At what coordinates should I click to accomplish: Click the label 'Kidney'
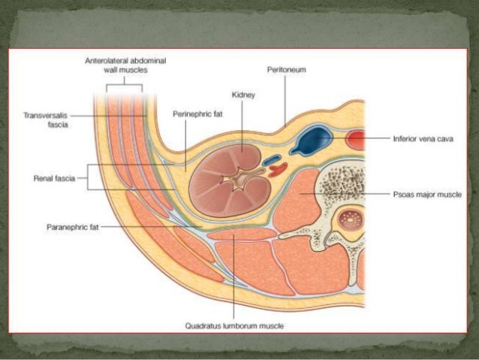click(243, 95)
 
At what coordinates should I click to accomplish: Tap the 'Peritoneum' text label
click(286, 70)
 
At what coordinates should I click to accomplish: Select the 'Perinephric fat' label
click(197, 114)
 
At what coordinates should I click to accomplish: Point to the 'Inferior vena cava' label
click(423, 139)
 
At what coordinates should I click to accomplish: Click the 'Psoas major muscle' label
click(427, 195)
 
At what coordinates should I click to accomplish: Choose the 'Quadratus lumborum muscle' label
click(234, 326)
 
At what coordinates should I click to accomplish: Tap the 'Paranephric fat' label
click(73, 227)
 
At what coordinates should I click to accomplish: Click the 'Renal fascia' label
click(54, 178)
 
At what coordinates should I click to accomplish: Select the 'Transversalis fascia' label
click(46, 120)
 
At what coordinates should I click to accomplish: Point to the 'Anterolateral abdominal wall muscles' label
click(125, 65)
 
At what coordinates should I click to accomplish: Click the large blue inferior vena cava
click(311, 140)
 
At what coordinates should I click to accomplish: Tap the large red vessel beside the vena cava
click(356, 140)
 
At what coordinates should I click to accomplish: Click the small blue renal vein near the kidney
click(272, 160)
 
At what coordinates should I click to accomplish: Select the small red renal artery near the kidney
click(278, 170)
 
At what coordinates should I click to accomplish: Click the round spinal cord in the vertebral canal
click(351, 219)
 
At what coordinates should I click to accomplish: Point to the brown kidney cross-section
click(230, 181)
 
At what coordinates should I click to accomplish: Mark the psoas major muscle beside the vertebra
click(297, 201)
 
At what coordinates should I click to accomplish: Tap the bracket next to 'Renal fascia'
click(88, 177)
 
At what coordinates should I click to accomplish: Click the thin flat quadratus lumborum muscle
click(242, 234)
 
